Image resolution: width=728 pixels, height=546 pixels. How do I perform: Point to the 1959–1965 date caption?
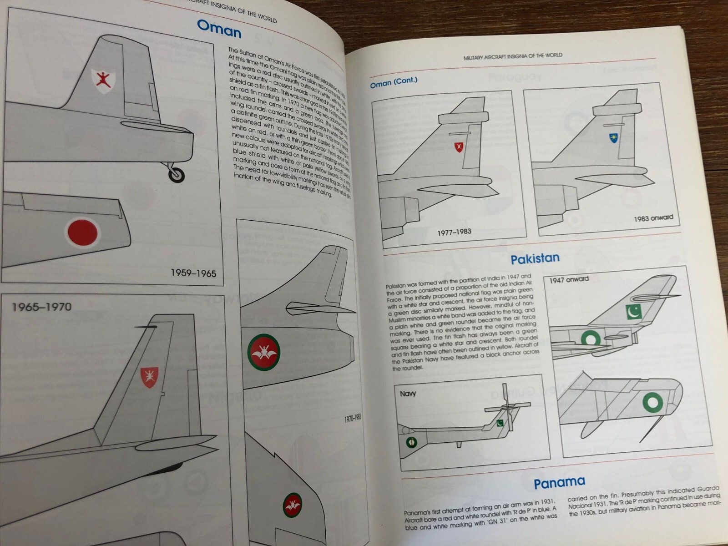(x=193, y=273)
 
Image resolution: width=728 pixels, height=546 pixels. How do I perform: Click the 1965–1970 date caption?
(x=42, y=307)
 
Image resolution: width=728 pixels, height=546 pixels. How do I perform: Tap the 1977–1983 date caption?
(x=454, y=232)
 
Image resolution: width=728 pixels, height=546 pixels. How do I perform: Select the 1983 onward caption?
(x=653, y=218)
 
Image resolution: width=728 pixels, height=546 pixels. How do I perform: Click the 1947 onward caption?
(x=569, y=279)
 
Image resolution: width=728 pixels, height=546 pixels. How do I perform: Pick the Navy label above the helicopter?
(x=408, y=393)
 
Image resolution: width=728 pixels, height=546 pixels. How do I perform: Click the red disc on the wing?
(x=83, y=233)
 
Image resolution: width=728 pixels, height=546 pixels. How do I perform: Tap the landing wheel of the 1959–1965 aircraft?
(x=177, y=174)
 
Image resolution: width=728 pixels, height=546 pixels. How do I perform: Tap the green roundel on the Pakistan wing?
(x=653, y=402)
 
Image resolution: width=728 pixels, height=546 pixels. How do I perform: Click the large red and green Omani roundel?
(x=263, y=352)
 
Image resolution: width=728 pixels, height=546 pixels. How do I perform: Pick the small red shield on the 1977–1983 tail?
(x=459, y=147)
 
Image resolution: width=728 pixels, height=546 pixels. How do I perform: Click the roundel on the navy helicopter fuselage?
(x=411, y=442)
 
